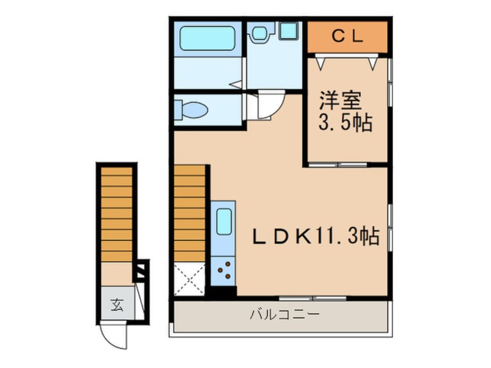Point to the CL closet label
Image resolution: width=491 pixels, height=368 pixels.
(x=347, y=36)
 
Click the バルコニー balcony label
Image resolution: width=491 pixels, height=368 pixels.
(x=285, y=315)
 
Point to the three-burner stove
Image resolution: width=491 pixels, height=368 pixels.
(x=223, y=269)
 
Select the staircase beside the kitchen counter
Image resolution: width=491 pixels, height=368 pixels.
(x=190, y=214)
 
